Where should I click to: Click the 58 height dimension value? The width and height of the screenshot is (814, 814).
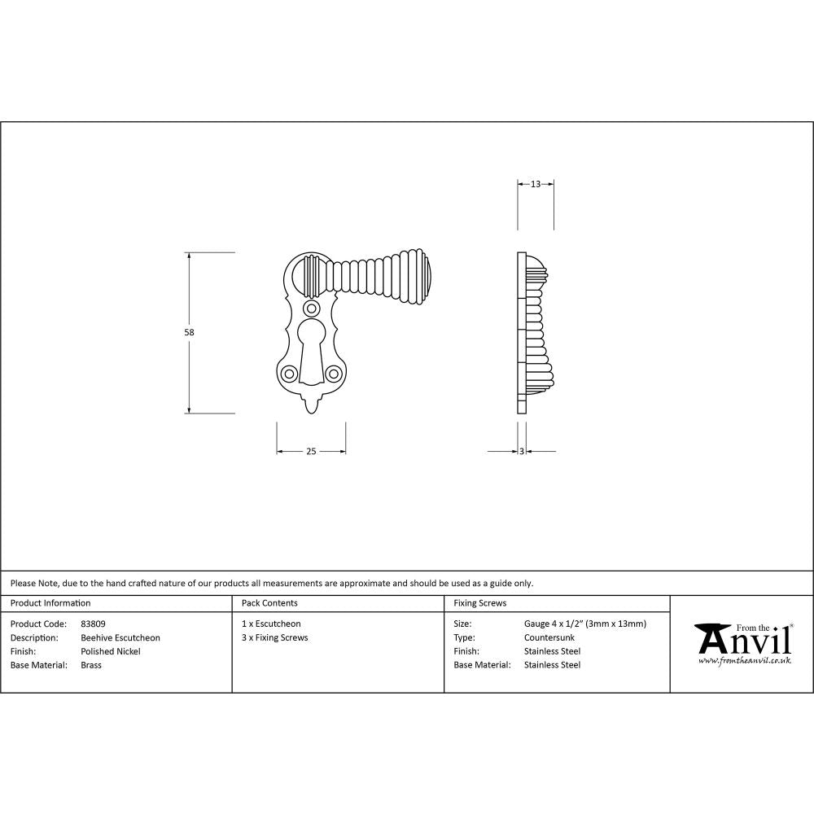(x=190, y=332)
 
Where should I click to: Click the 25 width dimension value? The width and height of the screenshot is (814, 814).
(x=311, y=452)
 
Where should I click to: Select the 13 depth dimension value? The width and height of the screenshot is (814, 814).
(x=536, y=185)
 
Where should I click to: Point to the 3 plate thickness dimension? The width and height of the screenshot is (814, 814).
(x=521, y=452)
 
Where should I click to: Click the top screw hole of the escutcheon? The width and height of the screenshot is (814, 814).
(x=311, y=309)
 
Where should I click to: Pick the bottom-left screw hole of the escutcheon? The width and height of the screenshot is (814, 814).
(x=289, y=374)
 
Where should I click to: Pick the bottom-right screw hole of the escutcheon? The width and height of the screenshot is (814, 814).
(x=333, y=374)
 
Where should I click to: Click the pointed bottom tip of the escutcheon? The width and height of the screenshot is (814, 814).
(x=311, y=407)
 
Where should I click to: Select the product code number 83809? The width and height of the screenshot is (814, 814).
(x=94, y=624)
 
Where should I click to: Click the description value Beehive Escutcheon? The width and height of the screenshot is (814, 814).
(x=120, y=638)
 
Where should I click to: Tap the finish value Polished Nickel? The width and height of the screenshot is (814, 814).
(x=111, y=651)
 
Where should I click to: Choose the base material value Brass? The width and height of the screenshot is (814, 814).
(x=91, y=665)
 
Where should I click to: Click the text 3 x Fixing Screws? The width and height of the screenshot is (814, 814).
(x=275, y=638)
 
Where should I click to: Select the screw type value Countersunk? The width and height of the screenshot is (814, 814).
(x=549, y=638)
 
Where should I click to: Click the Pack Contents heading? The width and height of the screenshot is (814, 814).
(x=269, y=603)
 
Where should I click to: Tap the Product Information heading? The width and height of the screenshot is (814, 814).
(x=50, y=603)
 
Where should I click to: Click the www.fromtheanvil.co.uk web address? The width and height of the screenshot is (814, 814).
(x=745, y=661)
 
